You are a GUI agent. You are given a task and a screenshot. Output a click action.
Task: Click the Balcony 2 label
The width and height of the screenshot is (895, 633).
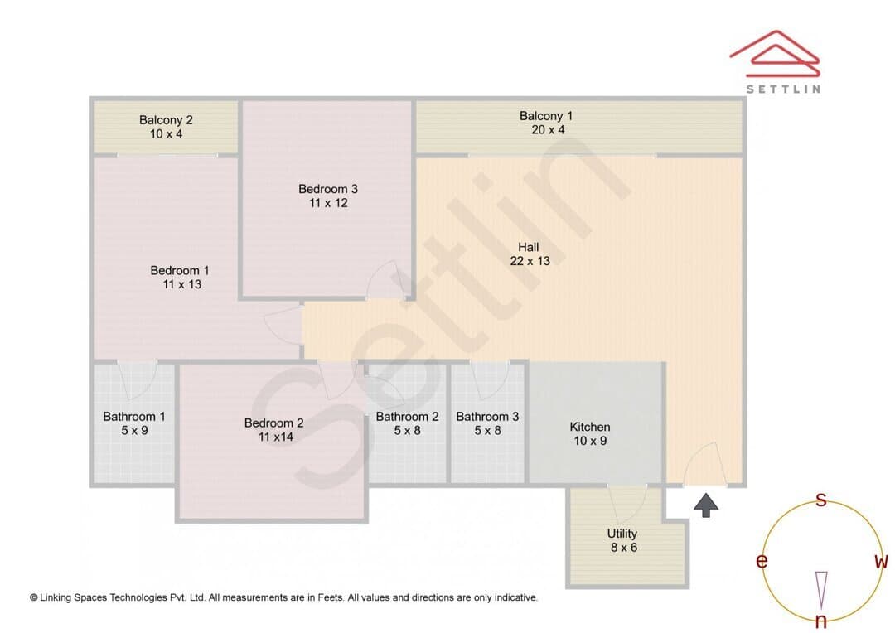[x=166, y=120]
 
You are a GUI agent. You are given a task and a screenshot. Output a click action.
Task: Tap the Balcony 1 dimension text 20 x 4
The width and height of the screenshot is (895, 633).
[x=548, y=129]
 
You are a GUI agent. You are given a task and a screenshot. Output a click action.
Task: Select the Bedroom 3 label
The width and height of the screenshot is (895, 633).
[x=328, y=189]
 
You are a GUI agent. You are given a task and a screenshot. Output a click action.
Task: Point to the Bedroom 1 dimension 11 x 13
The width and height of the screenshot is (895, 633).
[x=182, y=284]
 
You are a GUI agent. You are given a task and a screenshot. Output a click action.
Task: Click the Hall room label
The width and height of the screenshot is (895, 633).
[x=529, y=247]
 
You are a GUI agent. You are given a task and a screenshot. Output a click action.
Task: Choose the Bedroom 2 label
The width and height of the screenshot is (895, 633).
[x=274, y=423]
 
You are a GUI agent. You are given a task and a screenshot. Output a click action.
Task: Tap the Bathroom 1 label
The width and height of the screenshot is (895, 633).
[x=134, y=417]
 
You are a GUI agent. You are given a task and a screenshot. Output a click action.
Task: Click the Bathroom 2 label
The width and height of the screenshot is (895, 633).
[x=407, y=417]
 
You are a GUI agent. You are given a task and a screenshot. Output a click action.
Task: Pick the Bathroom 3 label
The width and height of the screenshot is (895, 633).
[x=487, y=417]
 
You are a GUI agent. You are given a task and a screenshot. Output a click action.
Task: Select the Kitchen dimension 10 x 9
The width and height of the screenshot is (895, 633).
[x=590, y=441]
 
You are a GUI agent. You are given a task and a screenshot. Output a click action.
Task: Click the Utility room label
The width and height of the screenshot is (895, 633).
[x=622, y=534]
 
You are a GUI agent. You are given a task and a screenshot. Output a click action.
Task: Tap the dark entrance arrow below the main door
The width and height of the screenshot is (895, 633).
[x=706, y=505]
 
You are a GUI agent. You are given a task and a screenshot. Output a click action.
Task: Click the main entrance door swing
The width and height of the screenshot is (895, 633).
[x=705, y=463]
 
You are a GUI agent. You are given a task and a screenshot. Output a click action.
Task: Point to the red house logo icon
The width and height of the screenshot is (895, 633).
[x=775, y=54]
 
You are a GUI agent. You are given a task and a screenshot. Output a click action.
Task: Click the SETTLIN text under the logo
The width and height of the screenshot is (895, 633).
[x=783, y=89]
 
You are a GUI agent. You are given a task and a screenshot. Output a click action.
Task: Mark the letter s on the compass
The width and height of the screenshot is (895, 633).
[x=820, y=500]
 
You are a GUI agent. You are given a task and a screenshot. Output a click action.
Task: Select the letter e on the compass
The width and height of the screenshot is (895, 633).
[x=762, y=561]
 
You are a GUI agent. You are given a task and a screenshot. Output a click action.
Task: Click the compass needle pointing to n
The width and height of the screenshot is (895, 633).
[x=821, y=590]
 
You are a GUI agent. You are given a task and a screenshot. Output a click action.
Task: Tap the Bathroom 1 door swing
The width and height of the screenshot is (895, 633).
[x=137, y=379]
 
